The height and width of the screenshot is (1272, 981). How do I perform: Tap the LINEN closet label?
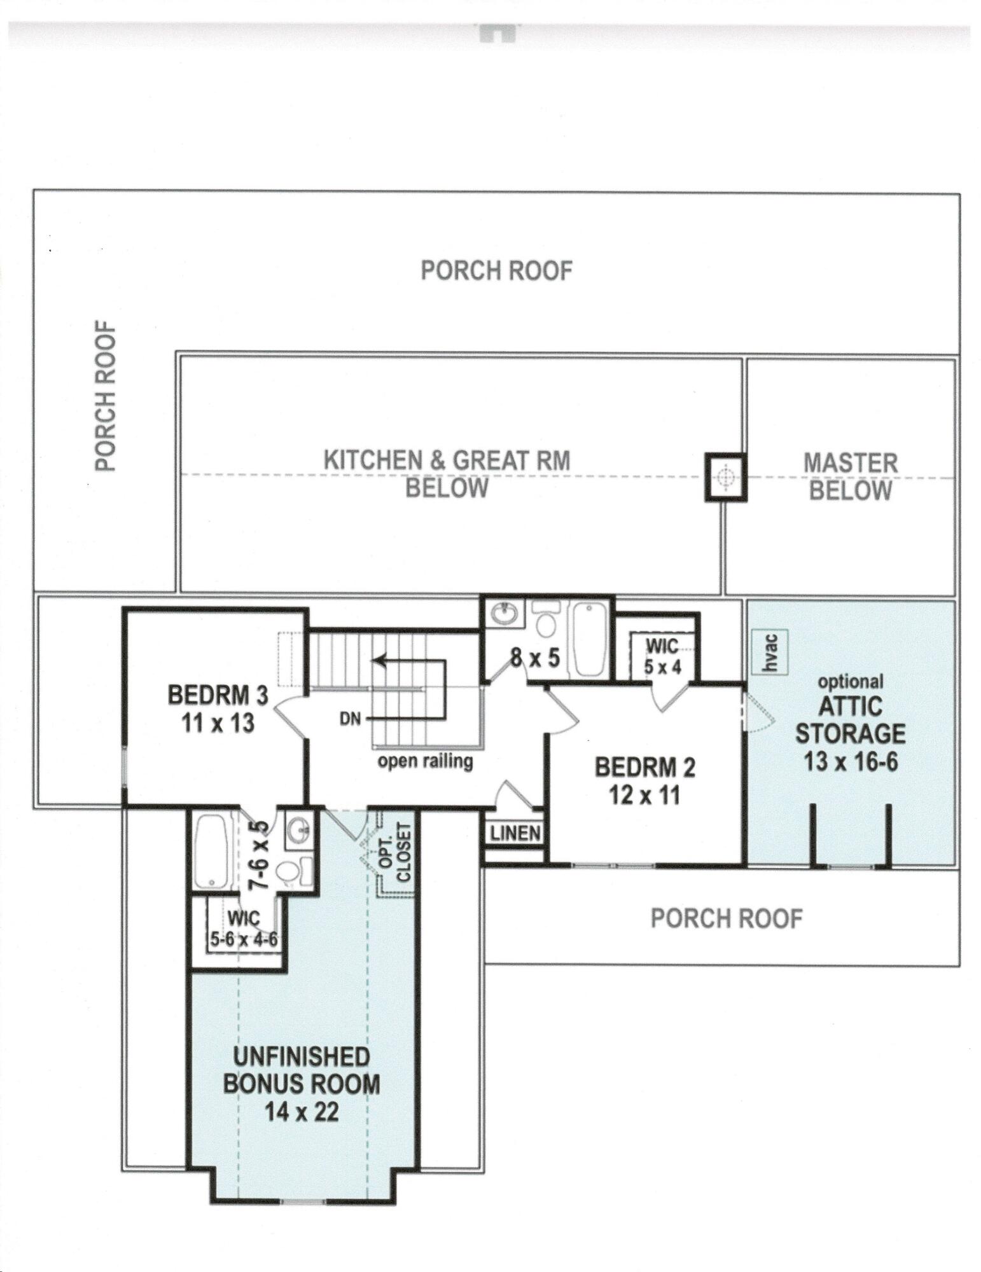click(x=515, y=833)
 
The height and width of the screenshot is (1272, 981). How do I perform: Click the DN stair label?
click(x=350, y=719)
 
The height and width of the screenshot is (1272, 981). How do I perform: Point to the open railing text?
click(x=426, y=761)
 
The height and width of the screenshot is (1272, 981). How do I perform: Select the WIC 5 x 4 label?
click(x=663, y=656)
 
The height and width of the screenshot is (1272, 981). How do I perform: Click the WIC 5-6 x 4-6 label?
click(x=244, y=929)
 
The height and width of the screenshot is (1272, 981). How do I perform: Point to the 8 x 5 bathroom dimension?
click(x=536, y=658)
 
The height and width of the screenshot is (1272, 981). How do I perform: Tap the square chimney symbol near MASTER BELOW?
click(x=725, y=477)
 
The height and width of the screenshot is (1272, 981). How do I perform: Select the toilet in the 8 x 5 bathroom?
click(x=545, y=618)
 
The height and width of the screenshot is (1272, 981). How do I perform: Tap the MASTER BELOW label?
click(x=851, y=477)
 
